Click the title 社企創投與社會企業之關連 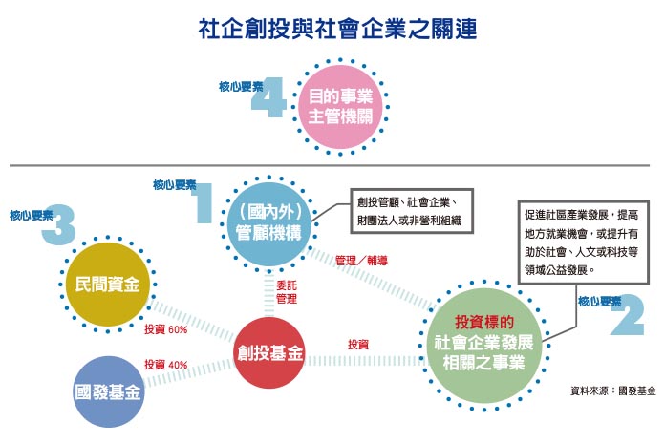[332, 28]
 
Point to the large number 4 [274, 98]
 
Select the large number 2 [627, 319]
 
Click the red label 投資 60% [165, 330]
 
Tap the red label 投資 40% [165, 364]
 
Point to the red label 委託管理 [287, 292]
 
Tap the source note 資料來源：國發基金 [612, 390]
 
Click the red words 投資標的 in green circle [485, 321]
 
